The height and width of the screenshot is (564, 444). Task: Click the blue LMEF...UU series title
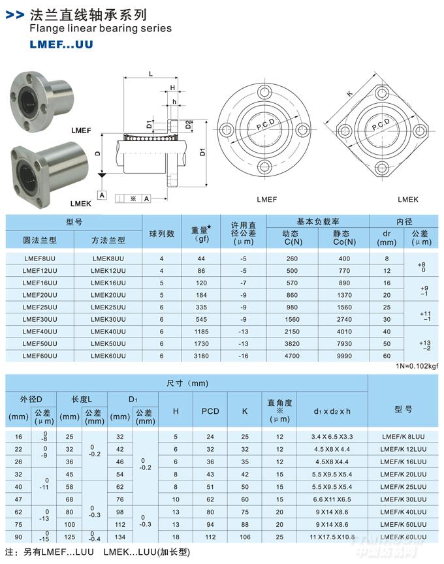coord(61,44)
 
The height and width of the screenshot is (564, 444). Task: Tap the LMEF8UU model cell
coord(40,258)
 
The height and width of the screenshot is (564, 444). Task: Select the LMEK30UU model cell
coord(108,319)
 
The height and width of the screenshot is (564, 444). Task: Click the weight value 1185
coord(201,332)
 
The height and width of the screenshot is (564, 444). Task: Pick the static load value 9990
coord(344,356)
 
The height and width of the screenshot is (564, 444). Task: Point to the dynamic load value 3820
coord(292,343)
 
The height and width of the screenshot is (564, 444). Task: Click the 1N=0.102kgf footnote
coord(417,366)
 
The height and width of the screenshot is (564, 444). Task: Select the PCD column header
coord(210,411)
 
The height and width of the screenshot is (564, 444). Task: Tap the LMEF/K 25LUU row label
coord(403,487)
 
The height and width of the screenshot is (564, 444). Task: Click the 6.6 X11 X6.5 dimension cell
coord(332,499)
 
